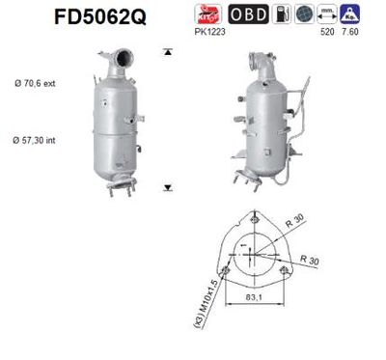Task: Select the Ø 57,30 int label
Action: pyautogui.click(x=37, y=141)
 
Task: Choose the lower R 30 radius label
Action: pyautogui.click(x=313, y=261)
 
